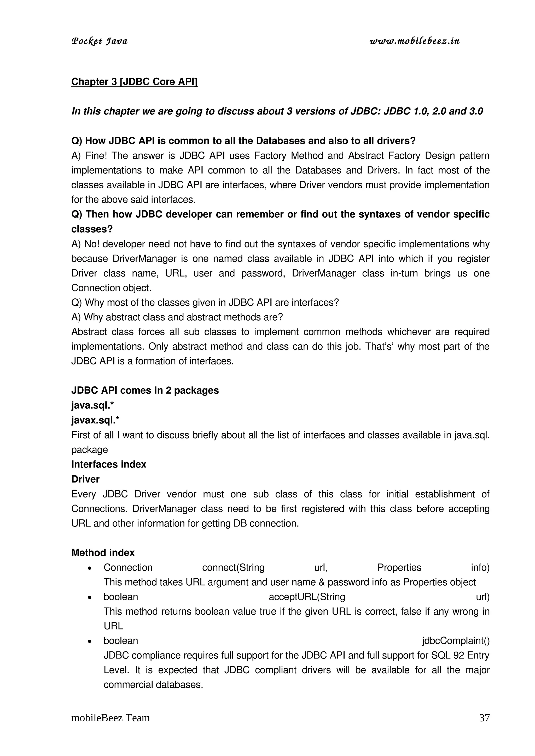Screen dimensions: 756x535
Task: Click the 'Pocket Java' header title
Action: click(99, 41)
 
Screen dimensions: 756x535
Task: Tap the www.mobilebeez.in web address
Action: click(414, 41)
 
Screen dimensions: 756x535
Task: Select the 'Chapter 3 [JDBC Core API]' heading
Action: click(134, 82)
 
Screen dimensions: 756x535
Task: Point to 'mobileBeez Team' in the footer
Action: click(111, 718)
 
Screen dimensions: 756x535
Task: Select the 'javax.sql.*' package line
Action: click(95, 420)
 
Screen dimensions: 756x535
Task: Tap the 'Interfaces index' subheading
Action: click(109, 464)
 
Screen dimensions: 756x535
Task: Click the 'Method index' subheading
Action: click(103, 553)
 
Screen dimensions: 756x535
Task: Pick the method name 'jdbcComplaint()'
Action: click(456, 641)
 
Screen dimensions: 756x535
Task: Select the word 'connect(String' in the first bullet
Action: click(233, 567)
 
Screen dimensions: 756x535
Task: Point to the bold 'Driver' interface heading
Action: click(85, 479)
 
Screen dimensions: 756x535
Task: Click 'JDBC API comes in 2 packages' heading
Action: click(145, 391)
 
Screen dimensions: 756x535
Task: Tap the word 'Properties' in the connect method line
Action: click(399, 567)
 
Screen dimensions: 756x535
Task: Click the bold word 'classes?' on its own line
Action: click(92, 229)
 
